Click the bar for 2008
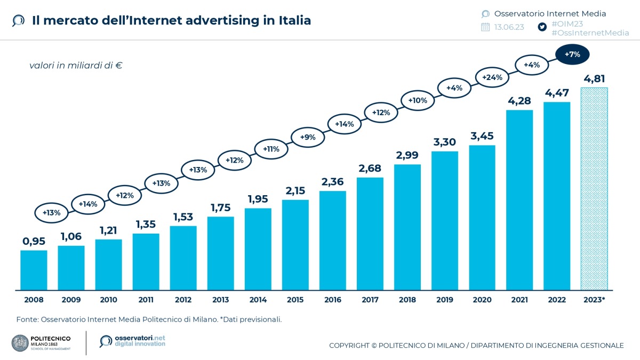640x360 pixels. (34, 270)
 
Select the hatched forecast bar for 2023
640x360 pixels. (595, 189)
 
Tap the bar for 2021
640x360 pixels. (519, 200)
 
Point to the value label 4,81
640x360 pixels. (595, 79)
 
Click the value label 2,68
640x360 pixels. (370, 169)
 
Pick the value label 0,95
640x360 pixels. (34, 241)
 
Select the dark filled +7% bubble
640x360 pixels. (572, 54)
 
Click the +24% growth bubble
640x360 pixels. (492, 77)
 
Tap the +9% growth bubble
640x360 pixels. (308, 137)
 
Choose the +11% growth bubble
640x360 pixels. (271, 149)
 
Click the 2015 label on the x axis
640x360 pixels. (295, 300)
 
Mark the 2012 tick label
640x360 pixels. (183, 300)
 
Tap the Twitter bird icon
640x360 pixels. (542, 27)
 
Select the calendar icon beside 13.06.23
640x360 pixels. (485, 27)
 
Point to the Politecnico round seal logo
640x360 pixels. (20, 342)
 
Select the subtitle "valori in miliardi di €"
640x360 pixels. (76, 66)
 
